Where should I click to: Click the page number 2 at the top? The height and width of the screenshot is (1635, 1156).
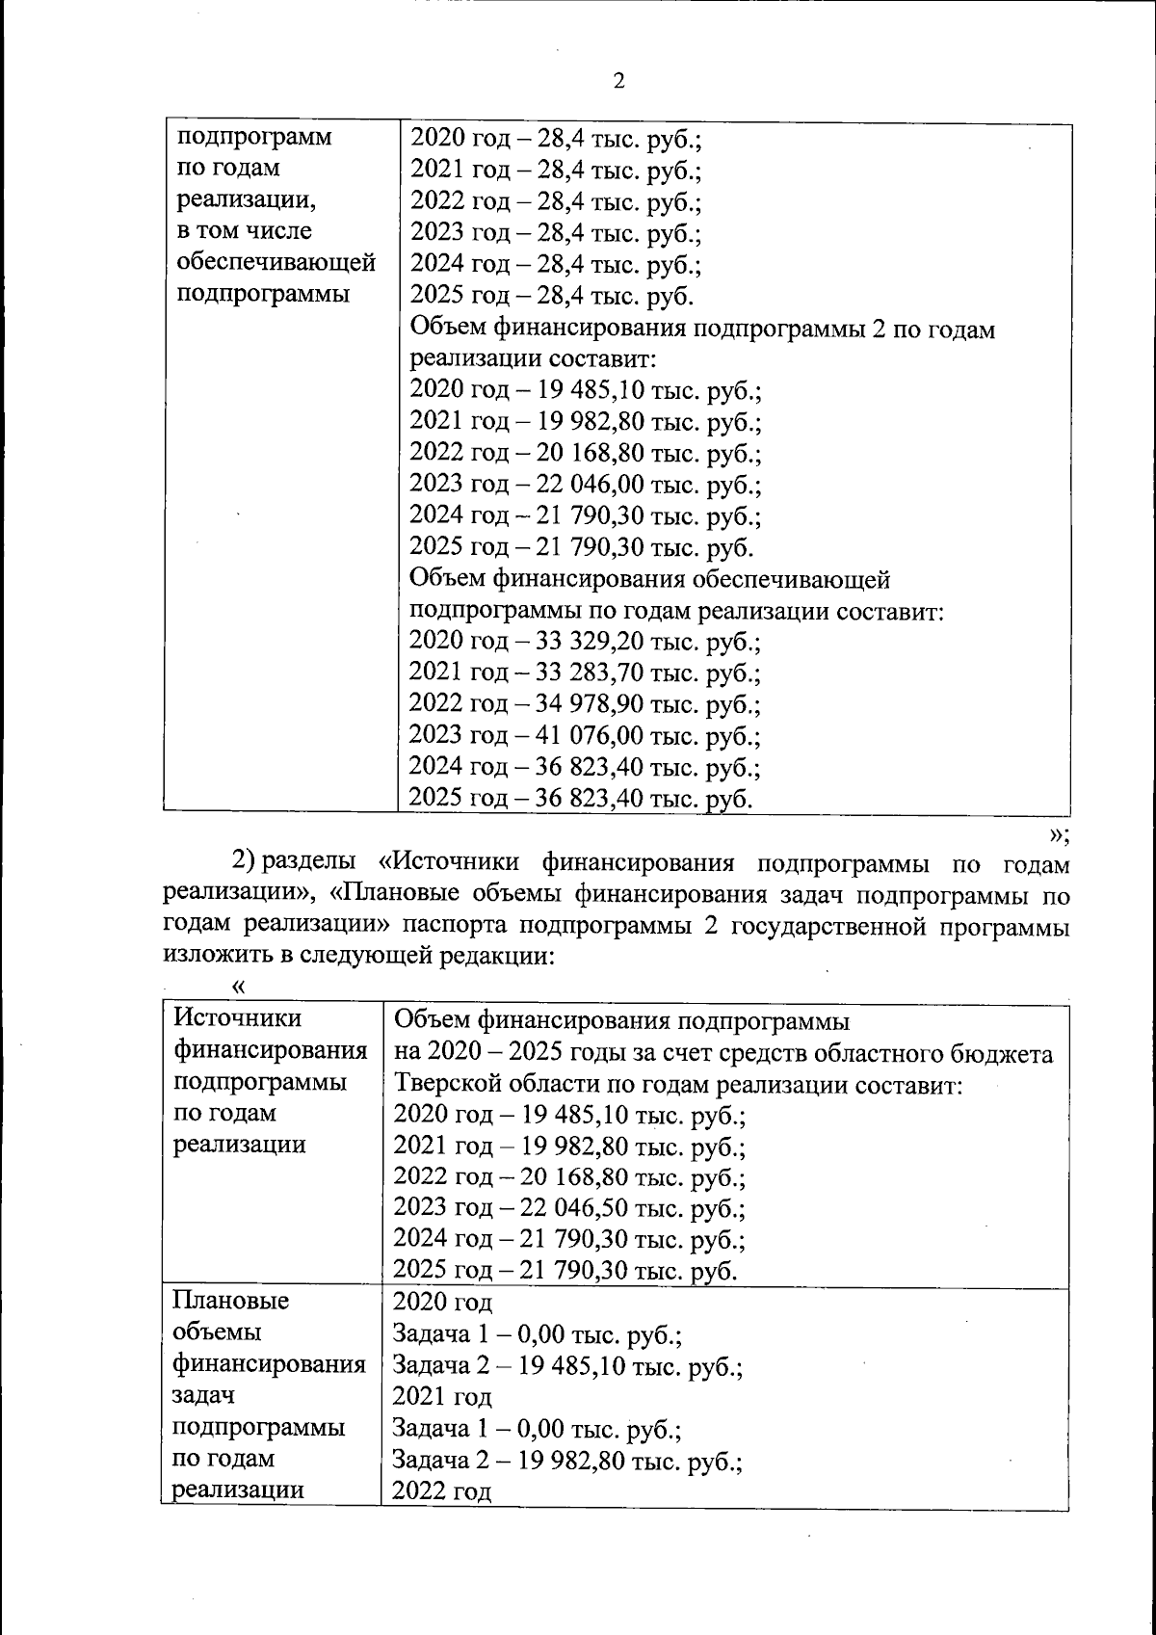point(618,82)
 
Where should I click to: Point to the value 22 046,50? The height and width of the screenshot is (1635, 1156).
point(573,1208)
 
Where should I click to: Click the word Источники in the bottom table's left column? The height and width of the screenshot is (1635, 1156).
point(237,1019)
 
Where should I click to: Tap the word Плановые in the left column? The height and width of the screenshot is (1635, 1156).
point(230,1302)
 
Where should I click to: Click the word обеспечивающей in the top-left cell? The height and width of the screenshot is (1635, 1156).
point(276,262)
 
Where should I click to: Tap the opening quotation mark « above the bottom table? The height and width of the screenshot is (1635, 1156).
point(239,987)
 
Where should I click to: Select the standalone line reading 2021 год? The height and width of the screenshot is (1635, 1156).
point(441,1397)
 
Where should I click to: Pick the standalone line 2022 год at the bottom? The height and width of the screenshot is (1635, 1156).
point(441,1491)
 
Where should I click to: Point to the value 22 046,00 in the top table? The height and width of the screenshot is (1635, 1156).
point(590,485)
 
